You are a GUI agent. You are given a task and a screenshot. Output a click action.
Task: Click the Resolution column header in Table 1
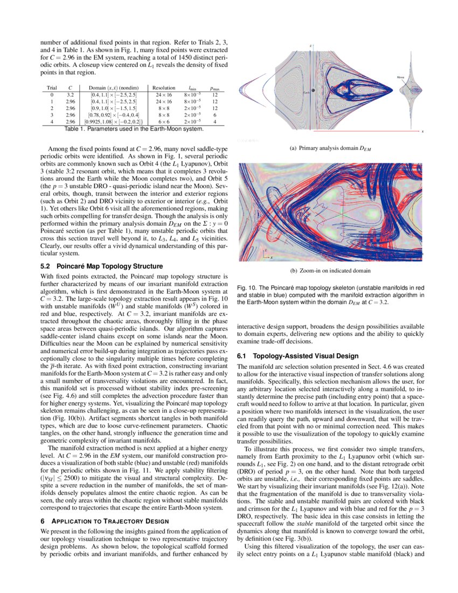(x=163, y=88)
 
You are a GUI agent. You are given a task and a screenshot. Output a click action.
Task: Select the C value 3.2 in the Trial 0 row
(x=70, y=94)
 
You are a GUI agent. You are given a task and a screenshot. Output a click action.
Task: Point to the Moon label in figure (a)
(x=401, y=78)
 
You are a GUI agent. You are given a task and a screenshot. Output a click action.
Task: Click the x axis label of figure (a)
(x=422, y=132)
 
